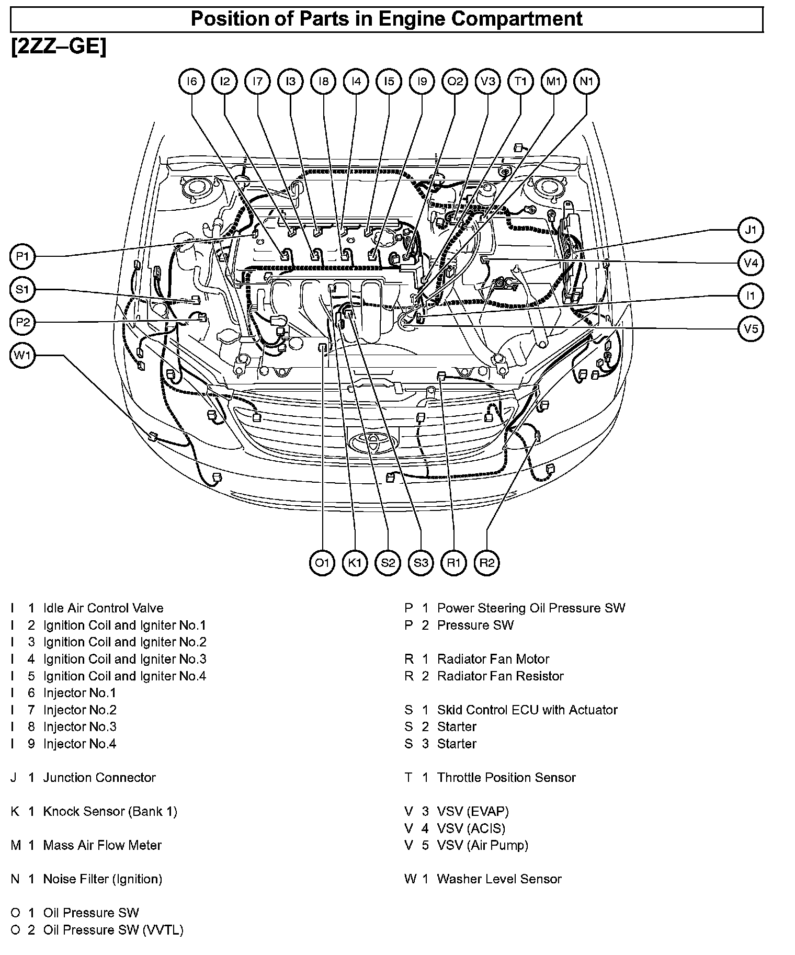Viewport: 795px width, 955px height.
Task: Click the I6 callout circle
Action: point(192,82)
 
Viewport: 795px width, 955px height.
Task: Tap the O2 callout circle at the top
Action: point(455,82)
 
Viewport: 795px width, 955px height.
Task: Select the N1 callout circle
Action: point(586,82)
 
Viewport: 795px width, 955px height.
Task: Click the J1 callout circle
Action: point(751,230)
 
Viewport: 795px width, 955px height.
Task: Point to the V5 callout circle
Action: point(751,329)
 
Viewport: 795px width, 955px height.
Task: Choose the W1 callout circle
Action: point(22,356)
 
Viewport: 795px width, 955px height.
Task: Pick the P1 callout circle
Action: point(22,256)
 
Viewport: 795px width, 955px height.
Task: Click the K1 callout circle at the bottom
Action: point(355,563)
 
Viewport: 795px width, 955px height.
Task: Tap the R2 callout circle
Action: point(486,563)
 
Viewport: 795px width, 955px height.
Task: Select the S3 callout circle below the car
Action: point(421,563)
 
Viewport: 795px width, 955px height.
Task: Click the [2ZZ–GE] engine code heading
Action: point(59,47)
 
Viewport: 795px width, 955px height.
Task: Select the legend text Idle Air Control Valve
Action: point(103,608)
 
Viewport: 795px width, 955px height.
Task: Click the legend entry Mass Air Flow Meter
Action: point(103,845)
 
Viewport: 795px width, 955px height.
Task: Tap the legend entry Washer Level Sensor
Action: point(499,879)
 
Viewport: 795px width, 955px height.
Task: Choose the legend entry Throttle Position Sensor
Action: point(506,778)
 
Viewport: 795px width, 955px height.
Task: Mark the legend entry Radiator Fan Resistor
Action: point(501,676)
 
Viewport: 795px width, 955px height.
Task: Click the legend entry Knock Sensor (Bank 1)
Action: point(110,812)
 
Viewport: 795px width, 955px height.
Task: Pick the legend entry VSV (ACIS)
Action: point(471,828)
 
